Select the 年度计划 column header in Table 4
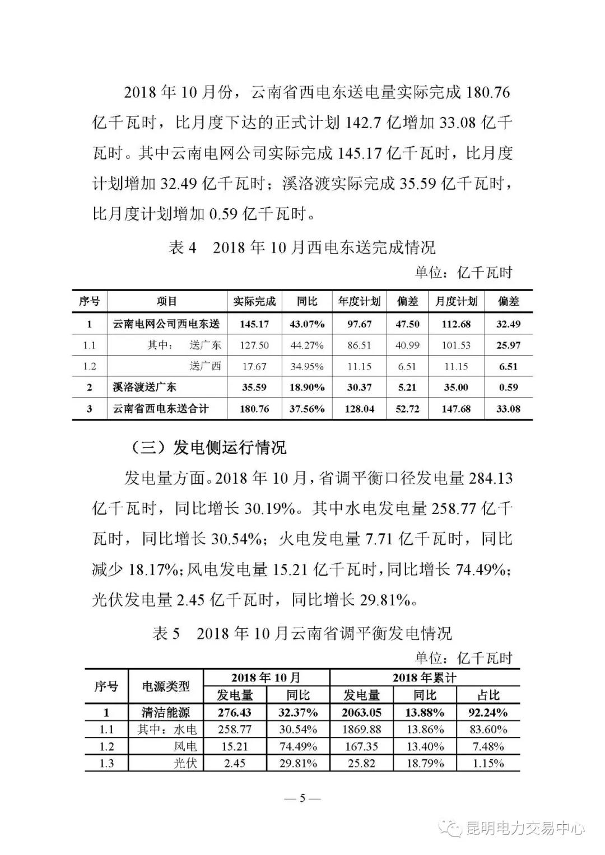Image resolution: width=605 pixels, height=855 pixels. click(359, 301)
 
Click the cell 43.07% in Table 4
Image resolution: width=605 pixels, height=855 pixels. click(307, 324)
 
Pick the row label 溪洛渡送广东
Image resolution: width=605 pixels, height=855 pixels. click(145, 387)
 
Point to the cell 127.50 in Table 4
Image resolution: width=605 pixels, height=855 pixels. click(254, 345)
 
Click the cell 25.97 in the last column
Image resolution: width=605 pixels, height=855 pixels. click(508, 345)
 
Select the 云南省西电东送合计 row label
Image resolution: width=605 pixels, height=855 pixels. click(160, 409)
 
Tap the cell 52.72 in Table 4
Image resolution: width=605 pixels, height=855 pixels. click(407, 409)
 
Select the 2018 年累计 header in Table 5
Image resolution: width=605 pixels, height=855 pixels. click(424, 678)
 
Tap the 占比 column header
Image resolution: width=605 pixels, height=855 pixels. click(488, 695)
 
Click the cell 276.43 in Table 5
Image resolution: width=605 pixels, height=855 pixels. click(234, 712)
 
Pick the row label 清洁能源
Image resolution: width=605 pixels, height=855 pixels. click(165, 712)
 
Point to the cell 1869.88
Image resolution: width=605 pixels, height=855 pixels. click(361, 730)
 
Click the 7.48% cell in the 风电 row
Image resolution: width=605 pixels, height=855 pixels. click(488, 746)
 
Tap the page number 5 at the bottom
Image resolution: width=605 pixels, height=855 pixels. click(302, 798)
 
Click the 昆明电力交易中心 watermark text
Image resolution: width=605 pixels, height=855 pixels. click(525, 828)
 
